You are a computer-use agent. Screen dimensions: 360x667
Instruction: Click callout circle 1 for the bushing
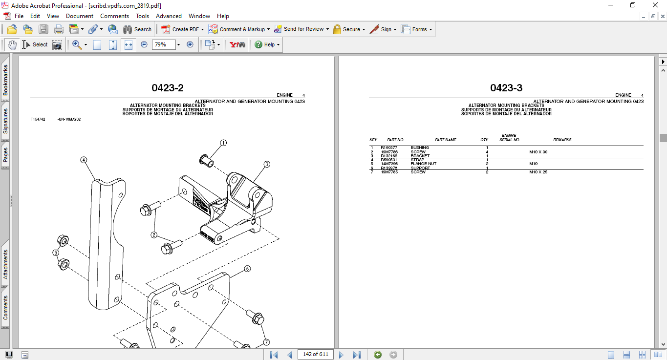tap(223, 143)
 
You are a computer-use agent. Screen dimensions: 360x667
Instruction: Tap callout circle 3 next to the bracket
tap(267, 165)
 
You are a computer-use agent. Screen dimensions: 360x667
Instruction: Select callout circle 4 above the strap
tap(84, 160)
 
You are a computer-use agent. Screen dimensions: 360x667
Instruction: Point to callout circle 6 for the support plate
tap(247, 269)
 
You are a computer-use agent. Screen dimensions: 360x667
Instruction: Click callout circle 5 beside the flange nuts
tap(56, 253)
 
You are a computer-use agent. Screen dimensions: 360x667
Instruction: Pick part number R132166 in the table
tap(389, 156)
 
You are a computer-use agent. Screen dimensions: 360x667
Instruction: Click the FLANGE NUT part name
tap(423, 164)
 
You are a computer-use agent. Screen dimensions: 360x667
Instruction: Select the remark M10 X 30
tap(538, 152)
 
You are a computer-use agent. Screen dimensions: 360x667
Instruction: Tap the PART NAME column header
tap(445, 140)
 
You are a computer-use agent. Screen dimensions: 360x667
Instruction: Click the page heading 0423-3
tap(506, 88)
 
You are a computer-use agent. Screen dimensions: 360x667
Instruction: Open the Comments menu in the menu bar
tap(114, 16)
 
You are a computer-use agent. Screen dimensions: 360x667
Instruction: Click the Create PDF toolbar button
tap(180, 29)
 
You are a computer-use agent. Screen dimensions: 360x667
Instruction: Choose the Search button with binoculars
tap(137, 29)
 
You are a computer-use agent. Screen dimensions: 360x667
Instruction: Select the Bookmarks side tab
tap(6, 80)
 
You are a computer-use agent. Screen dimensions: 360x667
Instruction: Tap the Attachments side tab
tap(6, 264)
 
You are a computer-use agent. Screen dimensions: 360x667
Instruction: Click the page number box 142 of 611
tap(315, 354)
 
